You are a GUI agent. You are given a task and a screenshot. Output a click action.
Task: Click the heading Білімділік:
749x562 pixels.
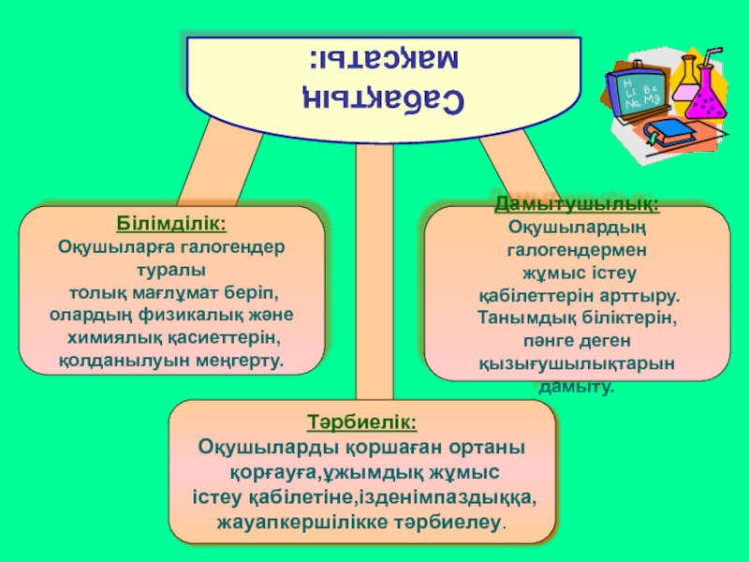coord(171,226)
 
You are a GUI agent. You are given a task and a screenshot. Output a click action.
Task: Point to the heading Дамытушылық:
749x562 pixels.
coord(576,204)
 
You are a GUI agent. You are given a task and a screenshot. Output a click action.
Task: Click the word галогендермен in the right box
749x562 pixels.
coord(577,251)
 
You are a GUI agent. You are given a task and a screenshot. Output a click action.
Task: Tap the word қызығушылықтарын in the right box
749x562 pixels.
coord(577,363)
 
